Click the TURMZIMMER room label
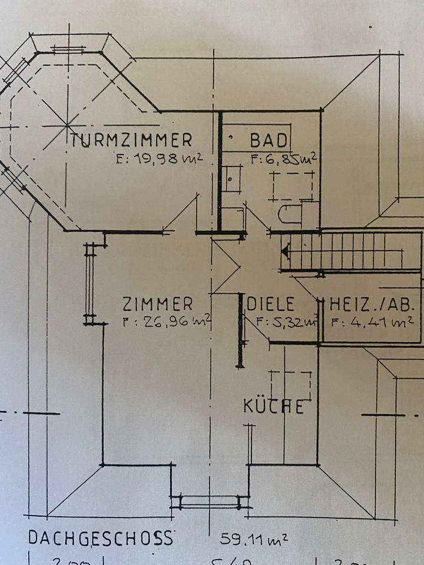pyautogui.click(x=131, y=140)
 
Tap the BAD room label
pyautogui.click(x=269, y=141)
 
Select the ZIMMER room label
pyautogui.click(x=157, y=304)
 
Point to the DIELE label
pyautogui.click(x=270, y=304)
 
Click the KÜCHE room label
pyautogui.click(x=274, y=406)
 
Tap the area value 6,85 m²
pyautogui.click(x=284, y=158)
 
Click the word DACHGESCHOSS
pyautogui.click(x=101, y=538)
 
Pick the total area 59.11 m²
pyautogui.click(x=254, y=538)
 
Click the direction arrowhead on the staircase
pyautogui.click(x=286, y=251)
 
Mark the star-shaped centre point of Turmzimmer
pyautogui.click(x=67, y=125)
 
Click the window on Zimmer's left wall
pyautogui.click(x=90, y=284)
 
